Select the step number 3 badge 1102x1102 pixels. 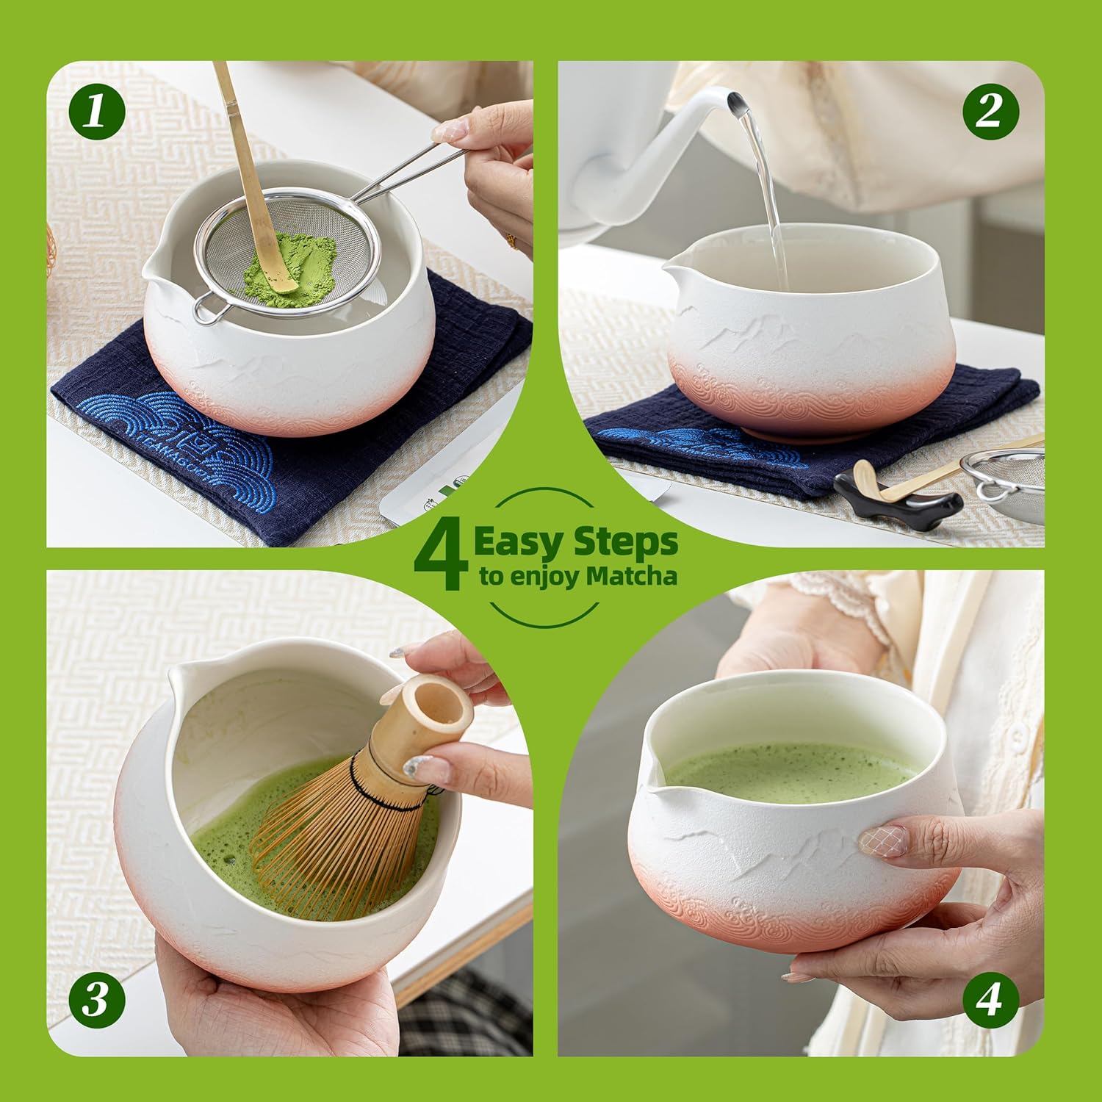click(x=97, y=1000)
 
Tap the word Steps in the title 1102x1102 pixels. click(x=625, y=543)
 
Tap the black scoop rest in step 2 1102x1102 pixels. click(x=897, y=497)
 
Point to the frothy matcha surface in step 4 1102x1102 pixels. click(x=791, y=772)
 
